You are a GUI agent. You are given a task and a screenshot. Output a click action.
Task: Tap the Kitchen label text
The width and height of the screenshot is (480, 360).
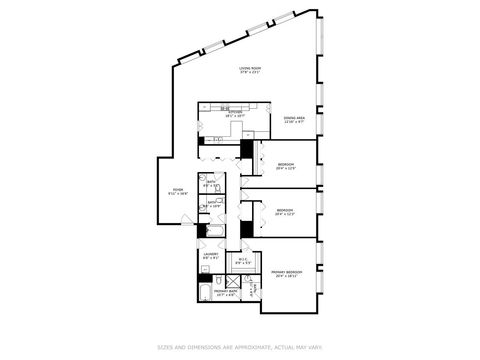[235, 113]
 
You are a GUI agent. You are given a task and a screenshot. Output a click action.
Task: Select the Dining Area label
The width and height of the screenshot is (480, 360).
[293, 118]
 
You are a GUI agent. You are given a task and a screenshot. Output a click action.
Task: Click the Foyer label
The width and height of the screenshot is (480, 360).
[177, 189]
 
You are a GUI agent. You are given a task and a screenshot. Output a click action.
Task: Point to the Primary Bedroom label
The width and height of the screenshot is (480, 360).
[287, 272]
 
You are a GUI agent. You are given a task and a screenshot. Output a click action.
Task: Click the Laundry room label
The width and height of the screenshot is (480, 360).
[212, 255]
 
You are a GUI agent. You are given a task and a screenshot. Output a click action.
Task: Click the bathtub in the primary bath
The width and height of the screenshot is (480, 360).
[205, 293]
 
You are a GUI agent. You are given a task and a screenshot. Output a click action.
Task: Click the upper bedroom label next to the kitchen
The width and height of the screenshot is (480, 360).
[286, 165]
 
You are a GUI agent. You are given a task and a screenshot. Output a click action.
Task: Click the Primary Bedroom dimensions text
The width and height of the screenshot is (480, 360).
[287, 276]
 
